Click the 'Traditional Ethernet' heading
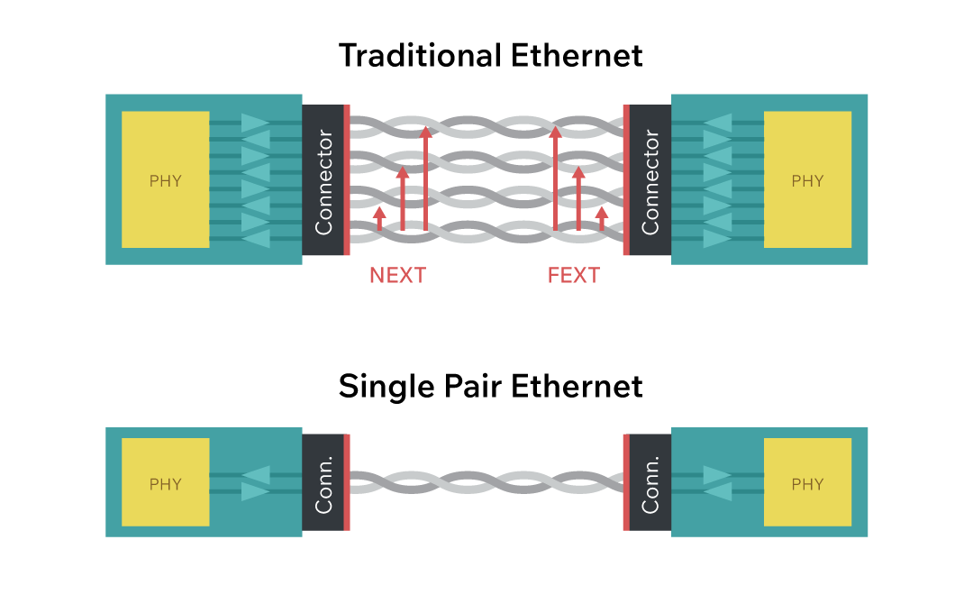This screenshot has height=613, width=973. point(491,55)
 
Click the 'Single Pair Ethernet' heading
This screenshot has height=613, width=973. point(491,387)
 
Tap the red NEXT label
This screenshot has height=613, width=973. point(397,275)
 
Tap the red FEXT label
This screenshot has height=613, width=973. point(573,275)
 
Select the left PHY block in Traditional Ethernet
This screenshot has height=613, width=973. point(166,180)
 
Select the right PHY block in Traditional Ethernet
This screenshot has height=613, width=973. point(807,180)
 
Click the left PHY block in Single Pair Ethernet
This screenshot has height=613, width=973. point(166,483)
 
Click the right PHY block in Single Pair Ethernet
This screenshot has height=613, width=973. point(807,483)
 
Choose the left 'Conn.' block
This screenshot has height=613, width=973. point(323,483)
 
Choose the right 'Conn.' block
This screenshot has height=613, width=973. point(650,483)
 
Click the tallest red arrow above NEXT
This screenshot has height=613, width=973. point(426,180)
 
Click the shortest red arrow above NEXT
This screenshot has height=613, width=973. point(379,219)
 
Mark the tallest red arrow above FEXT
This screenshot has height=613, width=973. point(555,180)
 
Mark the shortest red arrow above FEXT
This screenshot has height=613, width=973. point(602,219)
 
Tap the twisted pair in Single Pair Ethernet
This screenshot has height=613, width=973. point(486,483)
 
